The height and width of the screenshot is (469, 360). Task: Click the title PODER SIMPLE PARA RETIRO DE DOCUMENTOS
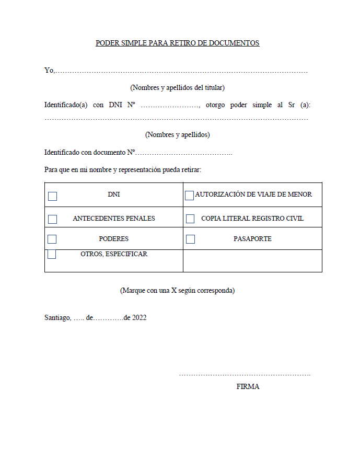coord(177,43)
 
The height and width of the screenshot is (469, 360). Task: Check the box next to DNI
coord(52,196)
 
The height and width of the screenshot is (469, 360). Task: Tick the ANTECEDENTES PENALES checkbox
coord(52,219)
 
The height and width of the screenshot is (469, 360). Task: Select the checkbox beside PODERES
coord(52,239)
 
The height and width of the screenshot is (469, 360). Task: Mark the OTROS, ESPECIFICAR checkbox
coord(52,255)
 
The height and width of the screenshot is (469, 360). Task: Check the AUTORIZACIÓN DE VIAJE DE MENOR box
coord(189,196)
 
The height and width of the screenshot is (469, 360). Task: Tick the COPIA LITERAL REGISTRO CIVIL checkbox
coord(190,219)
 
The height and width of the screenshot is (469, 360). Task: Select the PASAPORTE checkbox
coord(190,239)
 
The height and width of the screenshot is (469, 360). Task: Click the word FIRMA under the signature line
coord(248,387)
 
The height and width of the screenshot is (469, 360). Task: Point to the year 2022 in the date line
coord(139,317)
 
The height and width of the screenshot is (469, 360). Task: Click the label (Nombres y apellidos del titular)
coord(178,87)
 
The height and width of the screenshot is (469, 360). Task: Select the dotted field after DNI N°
coord(170,105)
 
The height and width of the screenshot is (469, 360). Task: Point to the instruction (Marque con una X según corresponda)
coord(177,290)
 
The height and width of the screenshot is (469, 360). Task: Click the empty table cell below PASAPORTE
coord(252,260)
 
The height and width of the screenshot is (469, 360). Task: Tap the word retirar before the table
coord(190,170)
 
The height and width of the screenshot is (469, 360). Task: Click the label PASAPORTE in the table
coord(252,239)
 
